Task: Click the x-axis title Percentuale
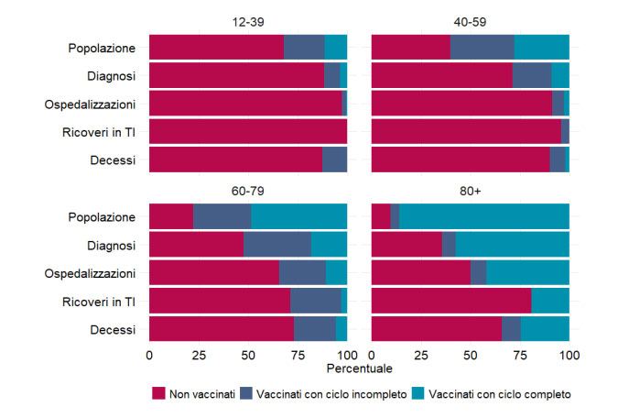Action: click(358, 368)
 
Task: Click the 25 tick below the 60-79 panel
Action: click(199, 353)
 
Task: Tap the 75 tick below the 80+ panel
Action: click(520, 353)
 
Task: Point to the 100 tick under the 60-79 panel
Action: click(347, 353)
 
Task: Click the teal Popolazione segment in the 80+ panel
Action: click(484, 217)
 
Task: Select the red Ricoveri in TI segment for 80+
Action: click(451, 301)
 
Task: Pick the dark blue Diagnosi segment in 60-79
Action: click(277, 245)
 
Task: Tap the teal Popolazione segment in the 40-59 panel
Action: click(541, 47)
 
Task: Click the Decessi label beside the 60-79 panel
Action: click(114, 329)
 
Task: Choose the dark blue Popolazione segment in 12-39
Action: click(304, 47)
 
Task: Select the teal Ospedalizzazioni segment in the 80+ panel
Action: click(527, 273)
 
